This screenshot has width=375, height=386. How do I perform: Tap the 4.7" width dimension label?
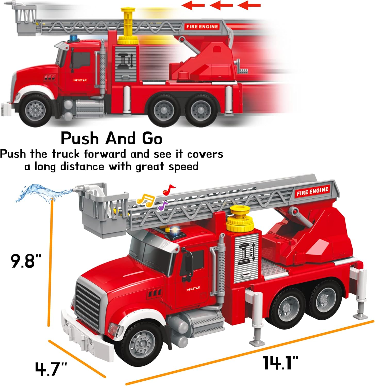(51, 369)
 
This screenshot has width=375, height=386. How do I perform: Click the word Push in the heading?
(80, 139)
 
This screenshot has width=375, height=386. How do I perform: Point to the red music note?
(168, 190)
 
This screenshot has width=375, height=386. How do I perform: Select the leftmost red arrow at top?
(193, 5)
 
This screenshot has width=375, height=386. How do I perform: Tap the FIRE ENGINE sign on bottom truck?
(312, 191)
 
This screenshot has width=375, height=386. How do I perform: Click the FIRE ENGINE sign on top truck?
(202, 27)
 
